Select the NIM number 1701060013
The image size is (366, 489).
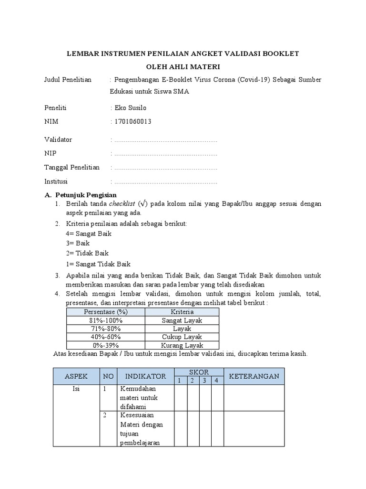coord(132,122)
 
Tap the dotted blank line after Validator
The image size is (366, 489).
coord(165,140)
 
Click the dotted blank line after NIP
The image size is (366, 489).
coord(165,154)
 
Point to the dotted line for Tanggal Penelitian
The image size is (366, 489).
coord(165,168)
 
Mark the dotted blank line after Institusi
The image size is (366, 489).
coord(165,182)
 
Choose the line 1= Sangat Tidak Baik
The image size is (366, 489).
coord(98,264)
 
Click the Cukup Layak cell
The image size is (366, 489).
coord(182,337)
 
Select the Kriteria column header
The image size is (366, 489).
coord(182,312)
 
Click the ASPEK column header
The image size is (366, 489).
coord(76,376)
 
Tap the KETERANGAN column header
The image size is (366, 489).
coord(254,376)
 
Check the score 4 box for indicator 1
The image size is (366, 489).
coord(217,398)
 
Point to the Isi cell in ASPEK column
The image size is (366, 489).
coord(76,389)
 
